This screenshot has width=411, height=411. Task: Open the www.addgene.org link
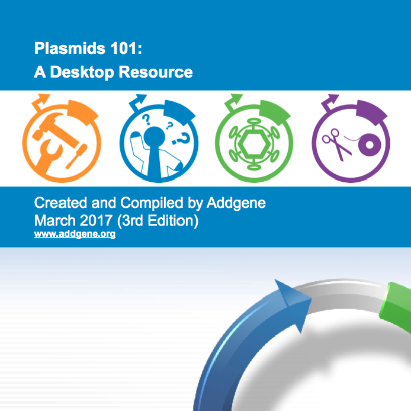(75, 235)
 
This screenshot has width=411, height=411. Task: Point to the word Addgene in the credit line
(236, 203)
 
